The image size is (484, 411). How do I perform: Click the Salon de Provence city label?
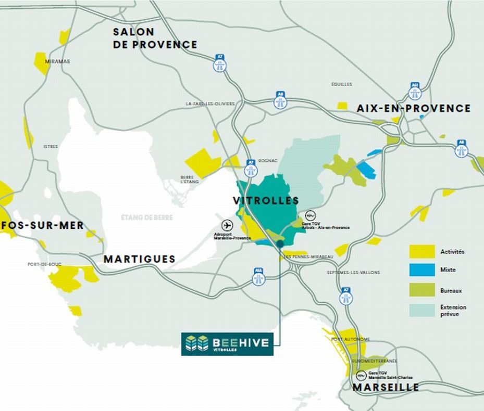(155, 38)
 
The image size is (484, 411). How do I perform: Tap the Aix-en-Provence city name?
(413, 108)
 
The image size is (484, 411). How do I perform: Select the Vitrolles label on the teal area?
(266, 201)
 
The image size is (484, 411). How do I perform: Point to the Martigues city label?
(139, 259)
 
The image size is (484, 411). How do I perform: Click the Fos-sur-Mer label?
(42, 225)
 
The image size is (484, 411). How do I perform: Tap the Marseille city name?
(386, 388)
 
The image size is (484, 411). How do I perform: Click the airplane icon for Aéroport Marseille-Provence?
(227, 225)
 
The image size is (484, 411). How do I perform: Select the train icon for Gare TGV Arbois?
(309, 215)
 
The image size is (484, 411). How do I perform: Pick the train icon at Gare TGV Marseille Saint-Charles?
(360, 375)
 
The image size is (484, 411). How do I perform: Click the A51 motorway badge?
(415, 92)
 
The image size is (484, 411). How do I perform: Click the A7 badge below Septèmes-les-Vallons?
(345, 296)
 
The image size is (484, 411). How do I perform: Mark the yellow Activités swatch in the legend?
(422, 252)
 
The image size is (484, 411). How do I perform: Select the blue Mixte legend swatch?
(422, 270)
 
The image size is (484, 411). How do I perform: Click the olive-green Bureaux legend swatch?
(422, 290)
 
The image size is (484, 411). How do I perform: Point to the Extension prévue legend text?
(453, 311)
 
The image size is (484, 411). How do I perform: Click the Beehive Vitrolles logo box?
(227, 344)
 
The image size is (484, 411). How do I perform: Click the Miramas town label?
(57, 61)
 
